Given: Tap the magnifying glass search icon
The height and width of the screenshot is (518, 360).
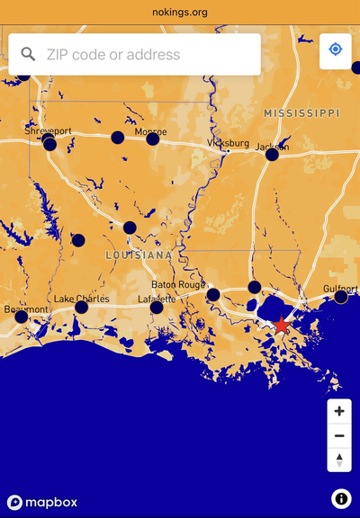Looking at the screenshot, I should pos(28,55).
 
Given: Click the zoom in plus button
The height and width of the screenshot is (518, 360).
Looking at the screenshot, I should pos(339,411).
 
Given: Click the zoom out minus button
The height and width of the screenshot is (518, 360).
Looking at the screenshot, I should pos(339,436).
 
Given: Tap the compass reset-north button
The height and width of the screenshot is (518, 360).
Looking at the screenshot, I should pos(339,460).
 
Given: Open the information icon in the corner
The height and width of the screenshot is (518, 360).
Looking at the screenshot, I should pos(341,498).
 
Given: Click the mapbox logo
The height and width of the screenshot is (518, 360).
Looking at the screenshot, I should pos(42,502).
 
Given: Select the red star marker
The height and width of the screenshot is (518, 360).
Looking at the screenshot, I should pos(282,326).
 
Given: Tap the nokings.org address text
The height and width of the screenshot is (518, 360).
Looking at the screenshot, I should pos(180,13).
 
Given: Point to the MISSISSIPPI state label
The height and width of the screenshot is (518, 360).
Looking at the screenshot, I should pos(301,113).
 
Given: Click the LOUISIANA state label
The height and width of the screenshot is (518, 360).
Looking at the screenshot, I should pos(139,255).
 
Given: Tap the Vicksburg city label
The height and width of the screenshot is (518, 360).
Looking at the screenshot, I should pos(228,143).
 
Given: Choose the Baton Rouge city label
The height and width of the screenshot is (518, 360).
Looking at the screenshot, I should pos(178,284).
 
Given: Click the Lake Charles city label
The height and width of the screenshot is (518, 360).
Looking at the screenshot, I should pos(82,298).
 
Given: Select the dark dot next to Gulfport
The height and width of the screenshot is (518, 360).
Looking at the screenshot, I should pos(341,297).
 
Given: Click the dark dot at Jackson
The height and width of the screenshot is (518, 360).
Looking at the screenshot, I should pos(272,155).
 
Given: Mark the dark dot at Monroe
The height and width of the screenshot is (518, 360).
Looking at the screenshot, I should pos(152,138).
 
